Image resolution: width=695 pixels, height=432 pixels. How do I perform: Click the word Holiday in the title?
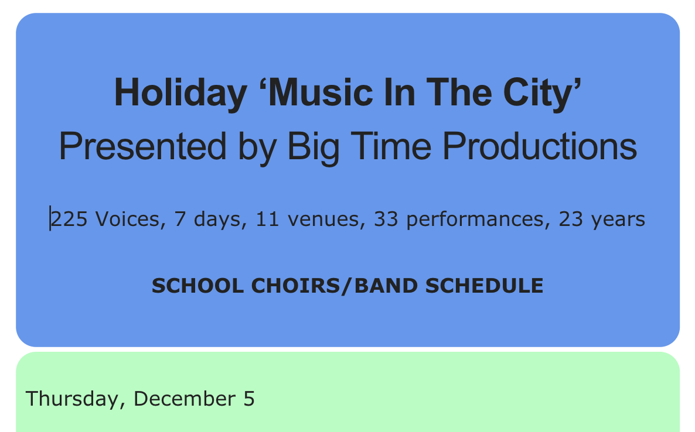point(180,94)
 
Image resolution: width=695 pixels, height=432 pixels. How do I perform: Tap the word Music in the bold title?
point(321,92)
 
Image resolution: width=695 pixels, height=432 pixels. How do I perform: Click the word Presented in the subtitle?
point(143,146)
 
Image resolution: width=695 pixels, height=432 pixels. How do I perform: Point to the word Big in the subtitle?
point(314,149)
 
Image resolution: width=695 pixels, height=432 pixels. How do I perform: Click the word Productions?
point(540,146)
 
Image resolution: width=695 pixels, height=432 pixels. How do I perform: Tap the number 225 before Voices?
point(69,219)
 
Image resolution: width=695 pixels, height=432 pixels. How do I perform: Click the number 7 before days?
point(179,219)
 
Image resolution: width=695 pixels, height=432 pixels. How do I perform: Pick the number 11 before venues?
point(267,219)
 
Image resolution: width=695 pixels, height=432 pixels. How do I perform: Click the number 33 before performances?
point(386,219)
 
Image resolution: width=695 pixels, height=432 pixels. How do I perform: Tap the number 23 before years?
point(570,219)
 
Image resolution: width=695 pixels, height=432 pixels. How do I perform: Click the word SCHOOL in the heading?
point(197,286)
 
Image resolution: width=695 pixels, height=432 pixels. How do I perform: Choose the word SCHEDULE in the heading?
point(484,286)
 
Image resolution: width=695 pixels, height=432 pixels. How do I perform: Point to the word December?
point(185,399)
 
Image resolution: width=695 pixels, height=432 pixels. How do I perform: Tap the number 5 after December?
point(248,399)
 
